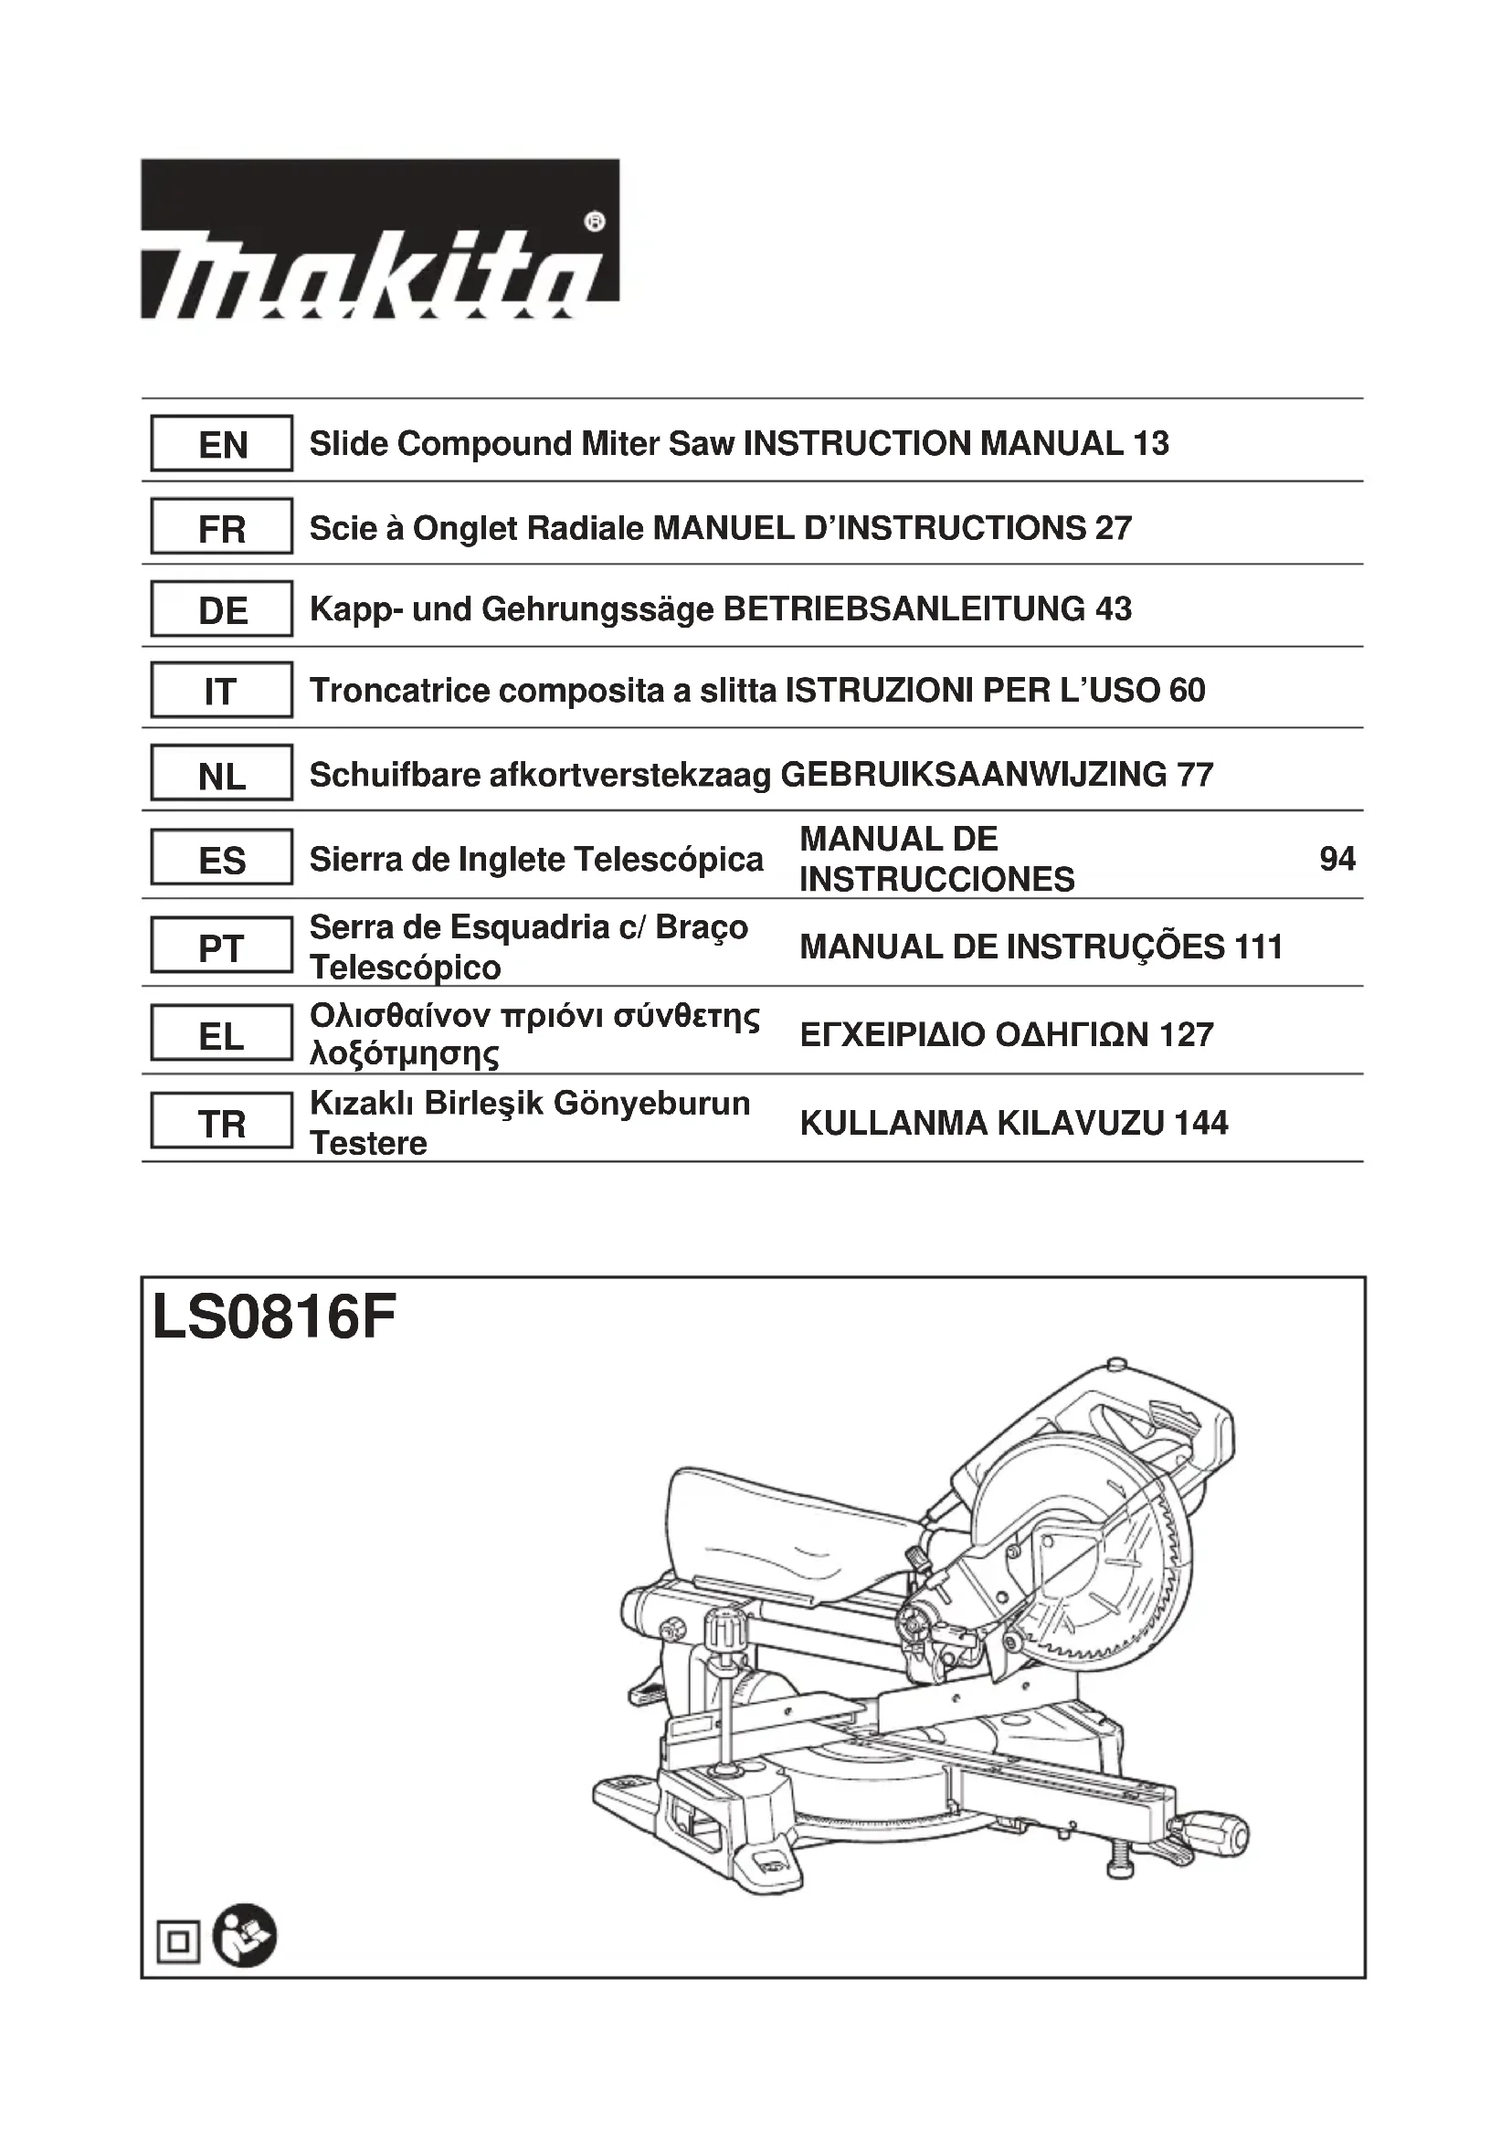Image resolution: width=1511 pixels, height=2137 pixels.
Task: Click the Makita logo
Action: click(x=380, y=239)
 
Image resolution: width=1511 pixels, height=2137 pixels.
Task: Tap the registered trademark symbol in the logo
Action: click(x=595, y=221)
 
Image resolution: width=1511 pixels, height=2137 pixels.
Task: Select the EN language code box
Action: click(x=221, y=444)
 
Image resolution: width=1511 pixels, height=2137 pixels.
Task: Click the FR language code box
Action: click(x=221, y=528)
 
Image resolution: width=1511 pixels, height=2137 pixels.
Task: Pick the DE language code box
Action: click(x=221, y=609)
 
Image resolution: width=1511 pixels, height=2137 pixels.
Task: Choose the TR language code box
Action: click(x=221, y=1124)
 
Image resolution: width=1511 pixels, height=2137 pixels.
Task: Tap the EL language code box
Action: click(x=221, y=1035)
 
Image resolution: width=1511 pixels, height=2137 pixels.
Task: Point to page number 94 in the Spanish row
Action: click(x=1337, y=858)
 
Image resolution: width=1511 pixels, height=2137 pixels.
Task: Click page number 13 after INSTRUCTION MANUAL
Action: click(x=1151, y=444)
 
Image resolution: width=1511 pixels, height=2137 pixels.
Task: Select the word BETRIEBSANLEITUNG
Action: click(x=903, y=609)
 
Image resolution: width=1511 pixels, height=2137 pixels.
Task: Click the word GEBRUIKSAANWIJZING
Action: click(x=973, y=775)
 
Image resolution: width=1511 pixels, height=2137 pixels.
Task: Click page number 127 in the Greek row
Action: click(x=1187, y=1035)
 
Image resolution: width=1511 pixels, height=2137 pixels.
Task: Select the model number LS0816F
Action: click(x=274, y=1318)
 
